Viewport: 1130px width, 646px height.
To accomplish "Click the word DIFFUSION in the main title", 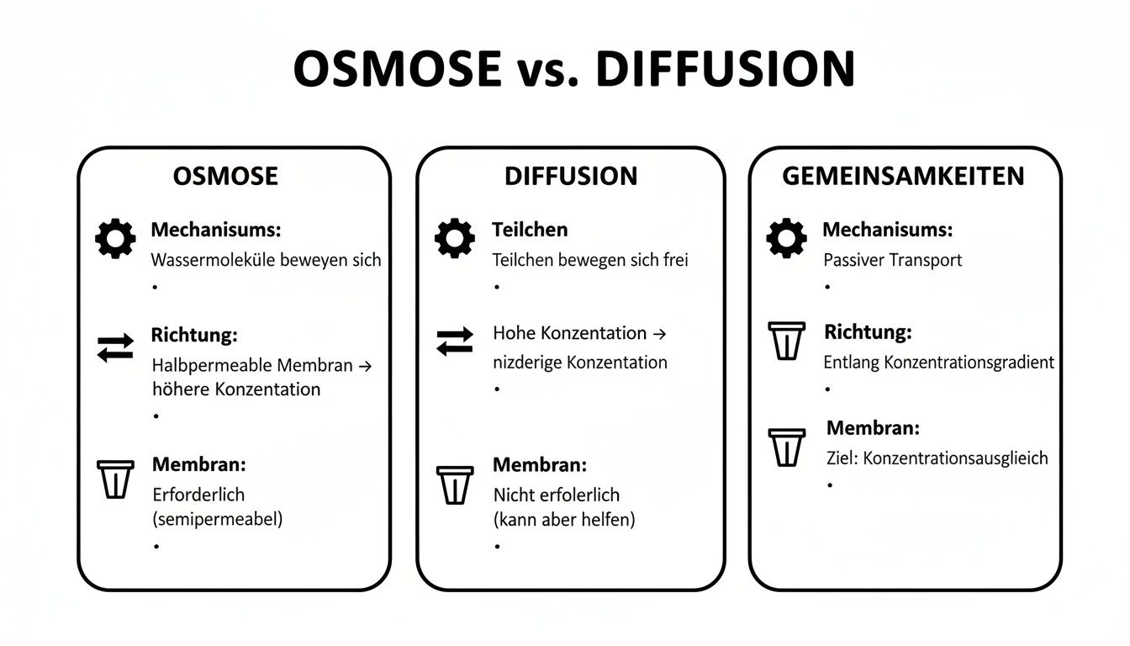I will [725, 69].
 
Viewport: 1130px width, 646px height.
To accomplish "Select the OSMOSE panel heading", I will [225, 176].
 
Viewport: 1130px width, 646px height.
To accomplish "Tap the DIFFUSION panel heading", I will [571, 176].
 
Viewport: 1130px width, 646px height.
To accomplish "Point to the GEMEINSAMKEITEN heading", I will [903, 176].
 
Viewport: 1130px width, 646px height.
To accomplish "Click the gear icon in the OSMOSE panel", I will [115, 239].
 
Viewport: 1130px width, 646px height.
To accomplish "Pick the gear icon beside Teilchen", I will [455, 238].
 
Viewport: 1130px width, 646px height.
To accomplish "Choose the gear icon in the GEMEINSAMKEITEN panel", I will [787, 238].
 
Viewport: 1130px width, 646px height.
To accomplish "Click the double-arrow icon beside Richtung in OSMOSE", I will [115, 347].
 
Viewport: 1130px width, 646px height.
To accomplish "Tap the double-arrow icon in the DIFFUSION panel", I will [455, 342].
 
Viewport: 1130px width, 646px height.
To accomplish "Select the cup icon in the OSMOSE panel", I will [116, 479].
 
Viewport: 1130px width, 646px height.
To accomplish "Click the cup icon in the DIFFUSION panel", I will [455, 484].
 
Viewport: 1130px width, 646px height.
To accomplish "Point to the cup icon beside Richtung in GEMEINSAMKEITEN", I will [787, 341].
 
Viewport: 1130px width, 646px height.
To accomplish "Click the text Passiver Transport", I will [892, 260].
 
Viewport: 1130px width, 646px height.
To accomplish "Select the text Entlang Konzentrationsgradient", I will [938, 363].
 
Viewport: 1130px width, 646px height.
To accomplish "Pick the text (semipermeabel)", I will [218, 519].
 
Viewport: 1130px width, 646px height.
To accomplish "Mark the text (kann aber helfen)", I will [563, 520].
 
